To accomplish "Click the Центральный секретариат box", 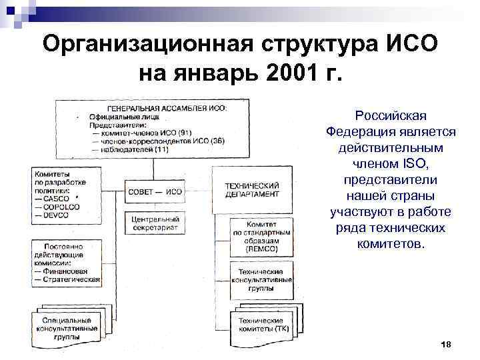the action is [155, 223].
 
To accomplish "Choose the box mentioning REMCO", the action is [261, 237].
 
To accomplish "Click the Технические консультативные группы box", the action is [261, 279].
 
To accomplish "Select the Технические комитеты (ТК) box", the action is [261, 325].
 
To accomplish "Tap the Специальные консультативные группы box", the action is [66, 328].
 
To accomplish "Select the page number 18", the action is [447, 343].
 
